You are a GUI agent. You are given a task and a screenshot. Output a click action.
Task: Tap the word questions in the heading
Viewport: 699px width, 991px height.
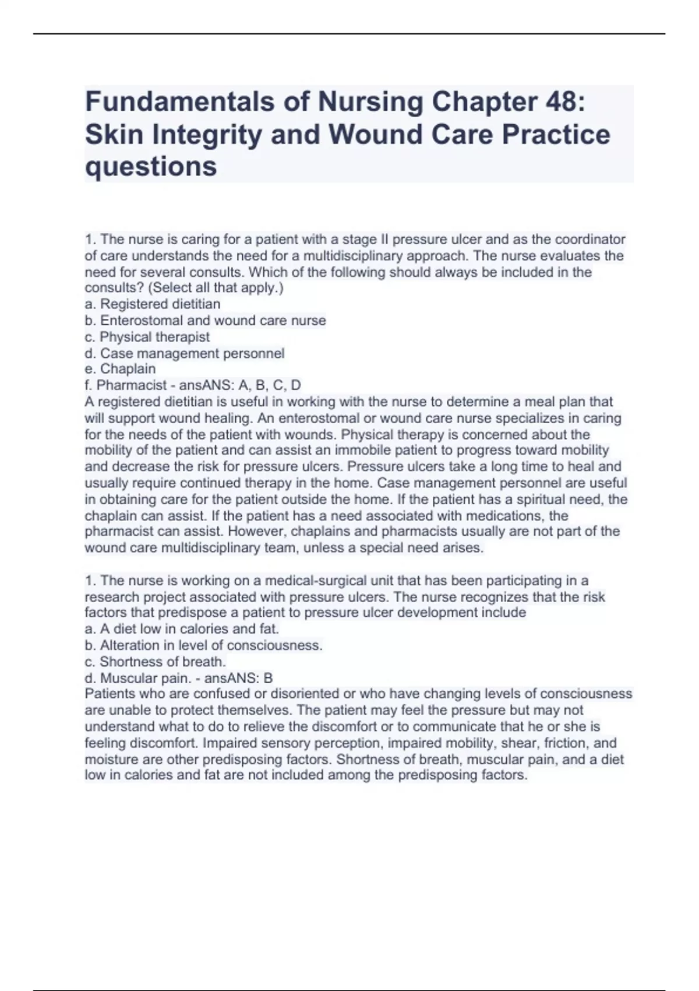point(151,167)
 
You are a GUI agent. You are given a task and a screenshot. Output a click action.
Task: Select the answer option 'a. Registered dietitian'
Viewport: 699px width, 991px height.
point(153,304)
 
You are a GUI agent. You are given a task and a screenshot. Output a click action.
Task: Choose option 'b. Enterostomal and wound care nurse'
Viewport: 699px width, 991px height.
point(205,321)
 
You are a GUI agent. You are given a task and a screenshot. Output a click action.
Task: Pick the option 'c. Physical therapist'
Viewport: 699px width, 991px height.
point(147,337)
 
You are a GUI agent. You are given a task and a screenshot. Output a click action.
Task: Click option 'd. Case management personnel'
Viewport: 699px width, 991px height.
point(185,353)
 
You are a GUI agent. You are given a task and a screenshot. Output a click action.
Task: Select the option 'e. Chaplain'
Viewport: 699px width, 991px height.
point(120,369)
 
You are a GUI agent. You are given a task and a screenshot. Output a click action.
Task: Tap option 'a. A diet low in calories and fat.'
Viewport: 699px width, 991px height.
point(182,629)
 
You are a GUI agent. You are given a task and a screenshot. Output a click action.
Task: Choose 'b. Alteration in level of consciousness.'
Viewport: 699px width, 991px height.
point(203,645)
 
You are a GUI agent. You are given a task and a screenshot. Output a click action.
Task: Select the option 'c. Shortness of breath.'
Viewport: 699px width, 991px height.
point(155,662)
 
